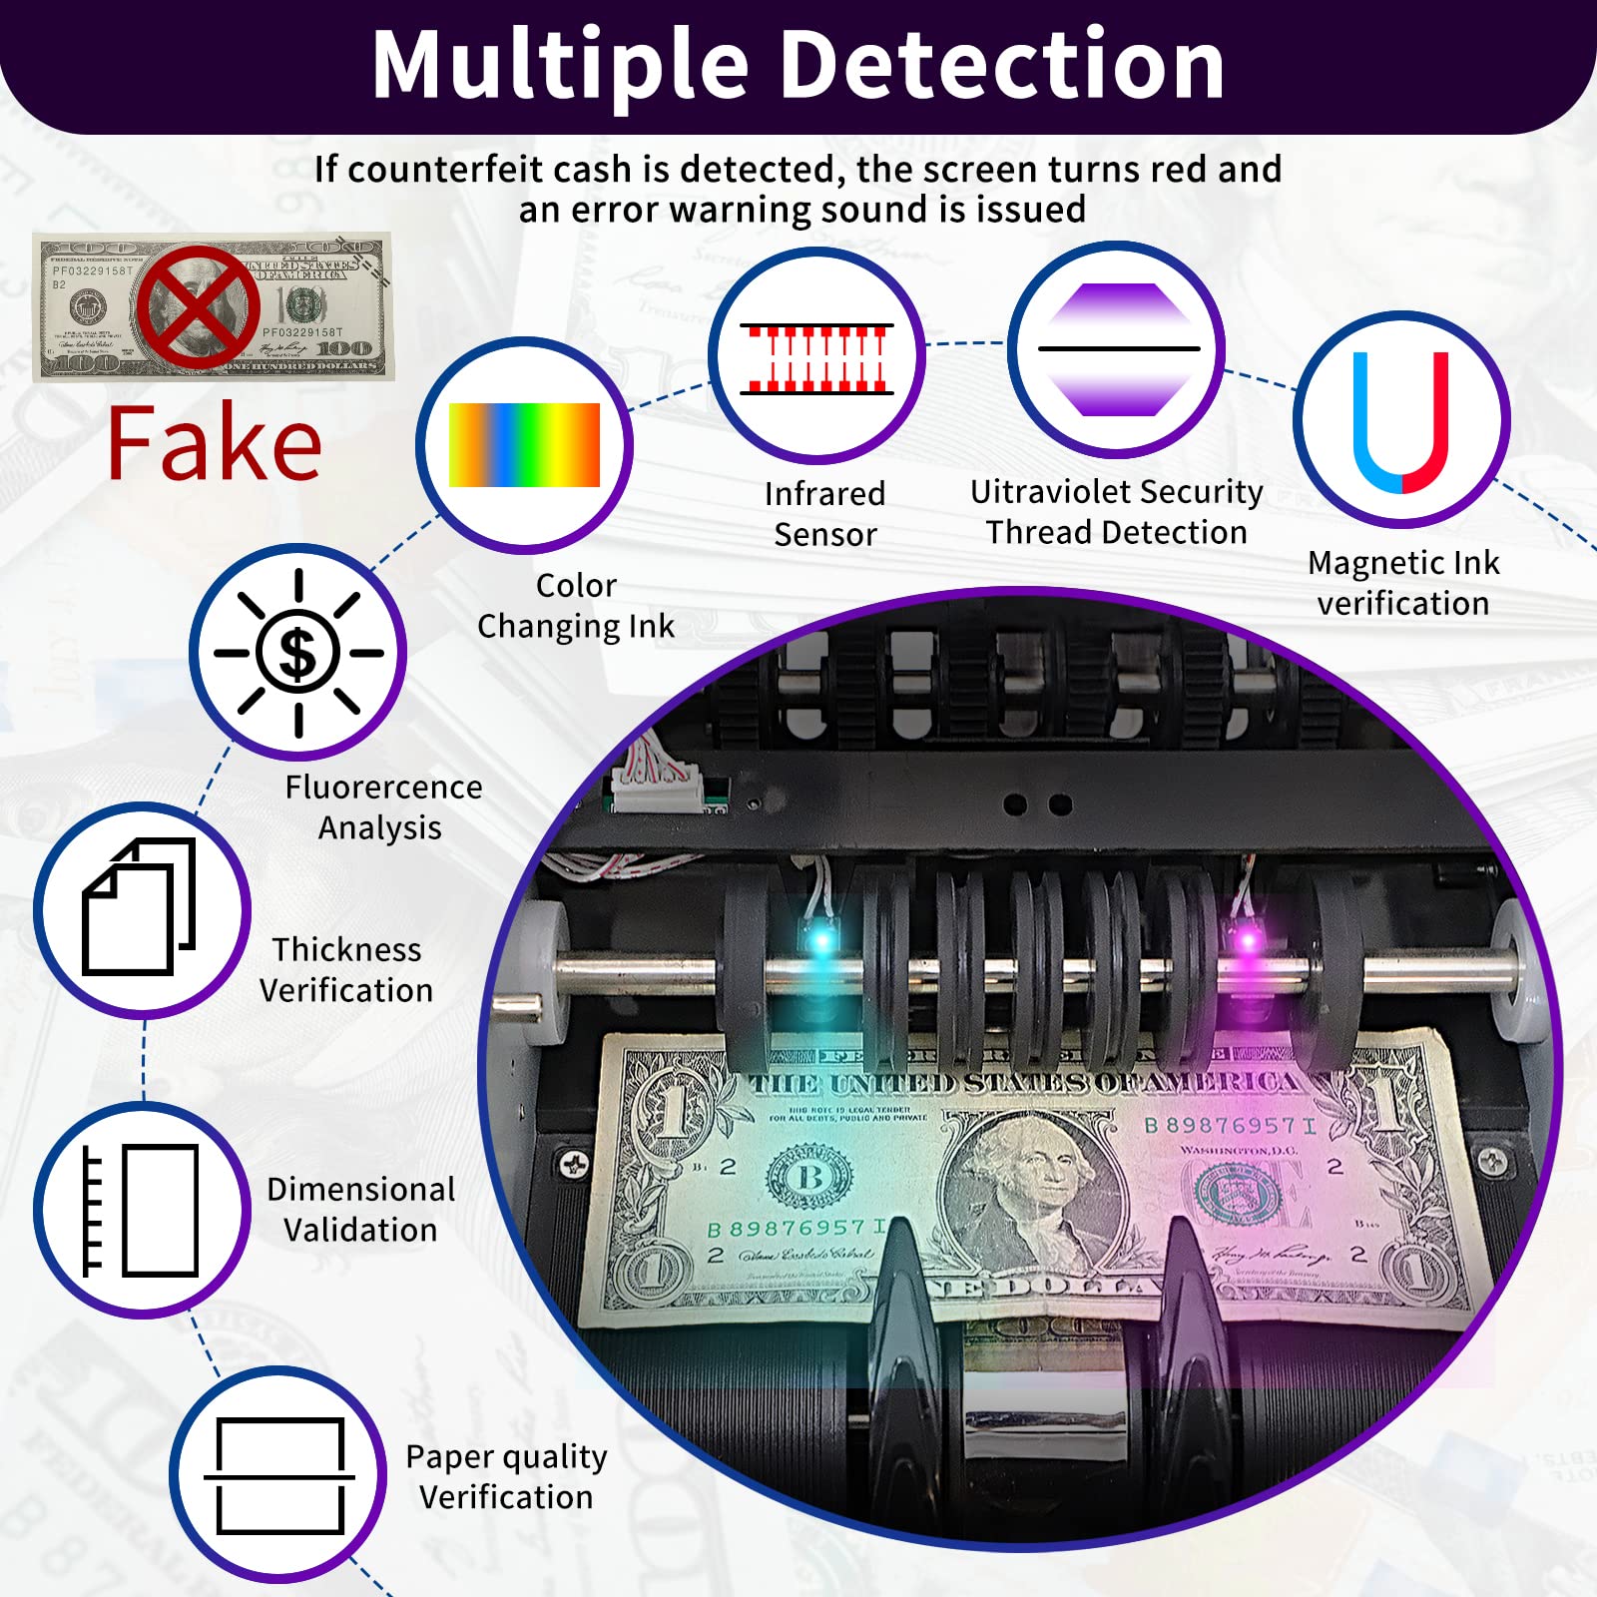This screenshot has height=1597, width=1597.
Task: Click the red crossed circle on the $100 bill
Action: [x=198, y=306]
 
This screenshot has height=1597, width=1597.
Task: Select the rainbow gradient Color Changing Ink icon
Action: [x=524, y=445]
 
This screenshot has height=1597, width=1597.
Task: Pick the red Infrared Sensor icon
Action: [x=816, y=357]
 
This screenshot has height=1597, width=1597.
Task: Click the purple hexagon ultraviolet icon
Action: [x=1118, y=349]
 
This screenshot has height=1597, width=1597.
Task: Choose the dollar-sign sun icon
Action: [x=297, y=653]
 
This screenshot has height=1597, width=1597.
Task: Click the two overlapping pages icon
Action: [x=140, y=906]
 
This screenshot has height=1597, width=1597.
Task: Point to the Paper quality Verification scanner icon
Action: [x=279, y=1475]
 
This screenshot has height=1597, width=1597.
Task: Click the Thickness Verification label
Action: [x=346, y=969]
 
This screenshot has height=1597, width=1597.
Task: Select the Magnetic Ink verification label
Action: [x=1403, y=583]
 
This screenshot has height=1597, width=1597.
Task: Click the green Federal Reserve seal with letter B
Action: [x=809, y=1178]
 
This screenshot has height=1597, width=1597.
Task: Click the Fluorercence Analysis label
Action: [x=382, y=806]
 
